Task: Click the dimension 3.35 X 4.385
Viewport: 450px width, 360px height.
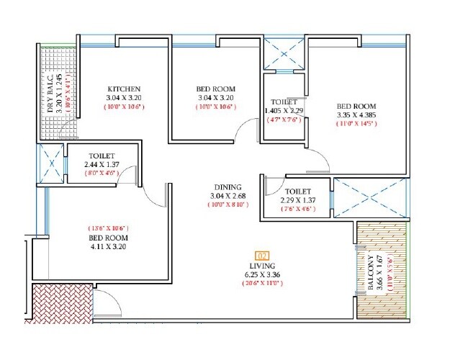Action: click(356, 114)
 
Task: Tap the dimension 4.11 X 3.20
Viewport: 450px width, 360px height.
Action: click(108, 247)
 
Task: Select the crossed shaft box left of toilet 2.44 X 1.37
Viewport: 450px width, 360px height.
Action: click(51, 163)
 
